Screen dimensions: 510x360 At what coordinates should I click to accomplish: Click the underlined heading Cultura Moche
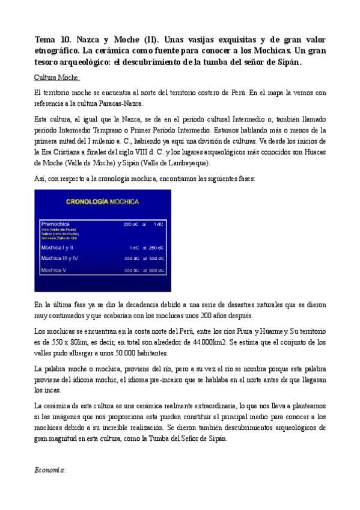(x=58, y=78)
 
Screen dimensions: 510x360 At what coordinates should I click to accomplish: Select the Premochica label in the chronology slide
(x=55, y=224)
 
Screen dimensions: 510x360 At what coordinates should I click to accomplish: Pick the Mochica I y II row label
(x=56, y=247)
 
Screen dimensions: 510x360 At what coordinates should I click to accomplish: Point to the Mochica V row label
(x=53, y=271)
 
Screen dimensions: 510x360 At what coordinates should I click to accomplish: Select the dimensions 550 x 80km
(x=71, y=341)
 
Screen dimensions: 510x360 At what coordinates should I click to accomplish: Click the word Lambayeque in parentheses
(x=183, y=163)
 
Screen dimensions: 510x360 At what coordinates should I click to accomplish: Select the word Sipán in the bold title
(x=286, y=62)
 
